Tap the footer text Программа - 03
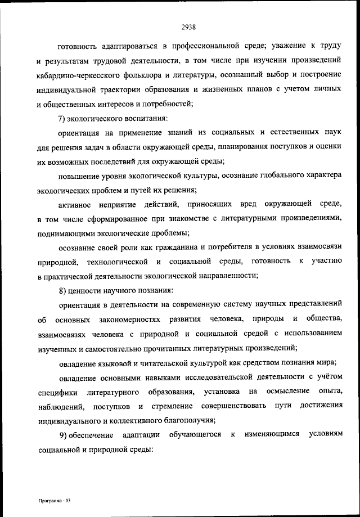[52, 500]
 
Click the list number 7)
[62, 118]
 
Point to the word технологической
[118, 262]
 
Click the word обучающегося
[196, 435]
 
